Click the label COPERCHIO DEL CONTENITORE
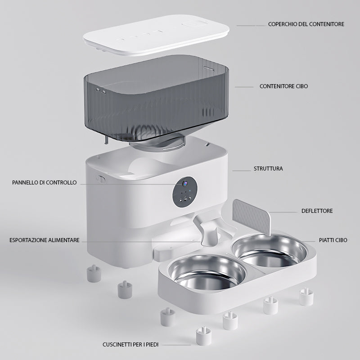tap(306, 24)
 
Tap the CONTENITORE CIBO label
tap(283, 86)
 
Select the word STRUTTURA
tap(268, 169)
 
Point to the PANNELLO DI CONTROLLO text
tap(44, 183)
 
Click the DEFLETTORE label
tap(317, 211)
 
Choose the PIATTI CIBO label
tap(333, 240)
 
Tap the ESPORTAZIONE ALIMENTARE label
tap(44, 240)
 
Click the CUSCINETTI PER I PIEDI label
tap(130, 345)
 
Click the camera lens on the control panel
tap(184, 184)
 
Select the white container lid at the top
tap(156, 35)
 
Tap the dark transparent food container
tap(156, 99)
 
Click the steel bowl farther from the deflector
tap(207, 272)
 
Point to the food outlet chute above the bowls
tap(207, 232)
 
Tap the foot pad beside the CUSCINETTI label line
tap(203, 336)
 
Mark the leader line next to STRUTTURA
tap(242, 171)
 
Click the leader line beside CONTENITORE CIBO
tap(244, 87)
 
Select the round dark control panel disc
tap(185, 192)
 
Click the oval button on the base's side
tap(101, 179)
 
